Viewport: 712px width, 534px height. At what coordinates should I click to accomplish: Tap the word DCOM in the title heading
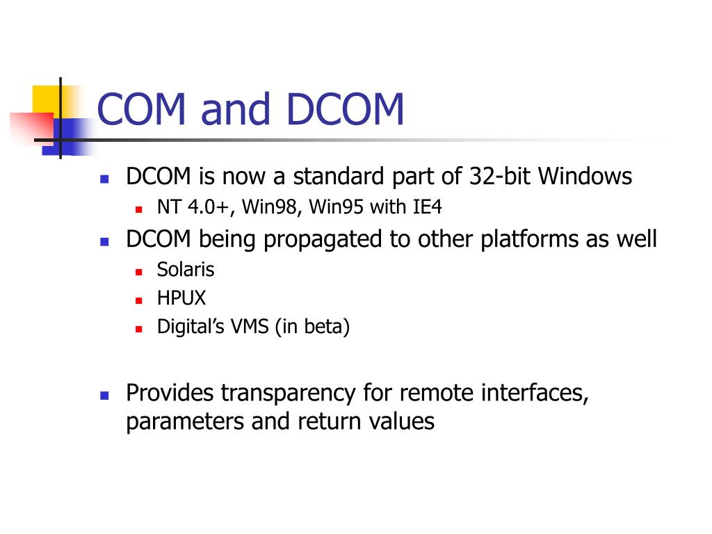click(345, 110)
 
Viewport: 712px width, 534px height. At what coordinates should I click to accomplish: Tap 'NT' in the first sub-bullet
click(168, 208)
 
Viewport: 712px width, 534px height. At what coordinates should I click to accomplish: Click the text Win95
click(337, 208)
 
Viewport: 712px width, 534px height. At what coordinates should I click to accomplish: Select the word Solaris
click(186, 269)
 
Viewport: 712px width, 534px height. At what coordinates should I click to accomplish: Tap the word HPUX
click(181, 298)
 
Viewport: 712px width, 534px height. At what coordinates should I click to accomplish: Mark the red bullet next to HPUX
click(139, 300)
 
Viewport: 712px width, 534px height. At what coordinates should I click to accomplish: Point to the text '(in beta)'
click(312, 327)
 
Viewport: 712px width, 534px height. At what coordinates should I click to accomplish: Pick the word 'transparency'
click(289, 394)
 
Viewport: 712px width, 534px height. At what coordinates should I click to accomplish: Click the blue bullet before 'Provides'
click(104, 395)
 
